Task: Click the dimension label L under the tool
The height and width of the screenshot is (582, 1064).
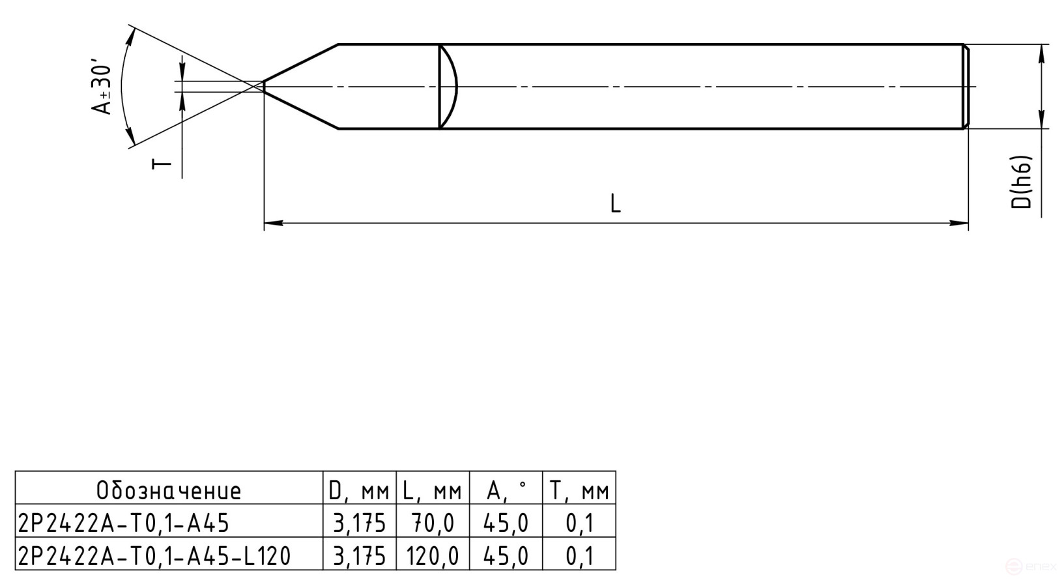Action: click(615, 203)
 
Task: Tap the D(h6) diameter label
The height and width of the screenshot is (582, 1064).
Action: click(1022, 182)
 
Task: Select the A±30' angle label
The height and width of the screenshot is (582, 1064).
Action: click(103, 87)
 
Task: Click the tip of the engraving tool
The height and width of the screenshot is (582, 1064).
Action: click(264, 86)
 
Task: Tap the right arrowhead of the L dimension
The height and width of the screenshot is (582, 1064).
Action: click(959, 224)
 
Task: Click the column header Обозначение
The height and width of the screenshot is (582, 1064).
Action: click(169, 490)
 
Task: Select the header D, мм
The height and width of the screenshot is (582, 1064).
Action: click(359, 490)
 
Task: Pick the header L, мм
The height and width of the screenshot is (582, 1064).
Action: click(432, 490)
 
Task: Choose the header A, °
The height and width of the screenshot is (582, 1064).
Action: click(506, 490)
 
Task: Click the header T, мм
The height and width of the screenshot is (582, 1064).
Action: click(579, 490)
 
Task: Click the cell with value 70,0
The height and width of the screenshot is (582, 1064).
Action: click(432, 523)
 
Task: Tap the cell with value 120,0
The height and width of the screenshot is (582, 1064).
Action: click(432, 556)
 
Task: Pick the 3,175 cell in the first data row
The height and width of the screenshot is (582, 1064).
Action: click(359, 523)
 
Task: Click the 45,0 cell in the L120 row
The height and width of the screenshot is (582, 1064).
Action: click(506, 556)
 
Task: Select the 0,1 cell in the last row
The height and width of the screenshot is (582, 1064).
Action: click(579, 556)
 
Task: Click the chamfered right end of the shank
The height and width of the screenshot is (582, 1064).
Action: click(966, 86)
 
